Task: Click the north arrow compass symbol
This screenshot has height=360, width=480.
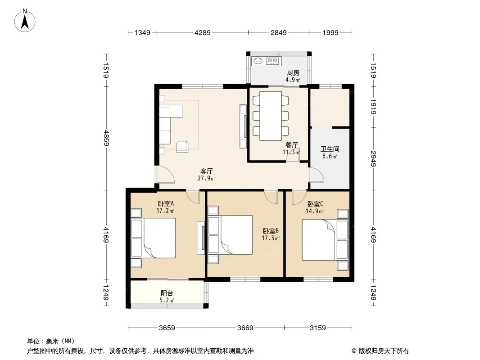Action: click(25, 21)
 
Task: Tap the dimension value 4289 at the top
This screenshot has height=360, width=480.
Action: click(203, 32)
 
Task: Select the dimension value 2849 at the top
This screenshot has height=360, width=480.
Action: click(279, 32)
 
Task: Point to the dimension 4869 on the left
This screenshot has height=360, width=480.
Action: click(107, 138)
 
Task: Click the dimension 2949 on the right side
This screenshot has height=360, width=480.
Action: click(373, 159)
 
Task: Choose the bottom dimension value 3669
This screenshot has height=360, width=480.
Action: click(245, 328)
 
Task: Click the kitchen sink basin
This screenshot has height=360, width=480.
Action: click(258, 61)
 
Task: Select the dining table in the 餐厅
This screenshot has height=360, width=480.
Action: click(271, 116)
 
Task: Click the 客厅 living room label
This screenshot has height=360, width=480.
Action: click(207, 171)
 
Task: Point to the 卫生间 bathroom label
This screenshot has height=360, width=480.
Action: click(330, 149)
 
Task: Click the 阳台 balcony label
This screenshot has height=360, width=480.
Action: click(167, 293)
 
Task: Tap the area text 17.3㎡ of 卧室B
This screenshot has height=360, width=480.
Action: click(271, 238)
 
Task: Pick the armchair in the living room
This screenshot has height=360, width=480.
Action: click(182, 147)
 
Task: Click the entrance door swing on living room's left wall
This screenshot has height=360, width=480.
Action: click(165, 175)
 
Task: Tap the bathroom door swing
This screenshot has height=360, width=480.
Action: click(316, 175)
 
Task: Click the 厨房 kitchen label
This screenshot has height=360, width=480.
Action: click(293, 73)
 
